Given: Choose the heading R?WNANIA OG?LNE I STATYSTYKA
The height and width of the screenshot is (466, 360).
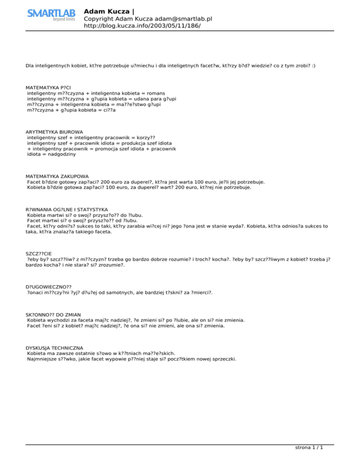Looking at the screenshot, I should click(67, 209).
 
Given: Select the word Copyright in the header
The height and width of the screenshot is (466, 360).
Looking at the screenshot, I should click(98, 18).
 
